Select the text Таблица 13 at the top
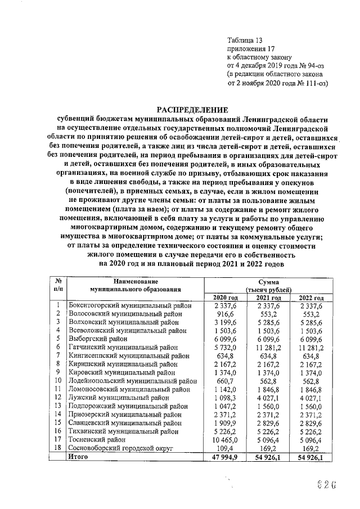244,40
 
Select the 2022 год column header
311,298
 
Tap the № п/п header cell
58,285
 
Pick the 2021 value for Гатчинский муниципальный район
268,348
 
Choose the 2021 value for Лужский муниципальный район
268,398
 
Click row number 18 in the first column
57,448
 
